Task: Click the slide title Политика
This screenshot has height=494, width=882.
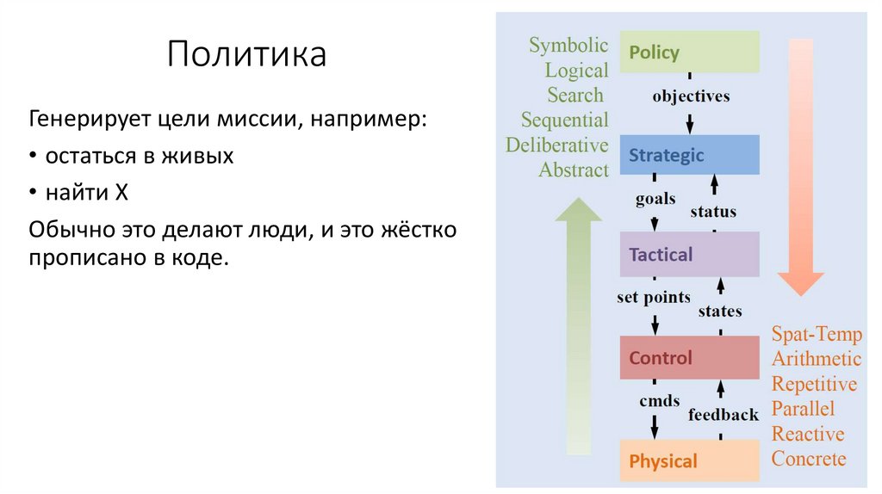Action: (246, 54)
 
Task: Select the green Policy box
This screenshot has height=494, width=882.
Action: (689, 52)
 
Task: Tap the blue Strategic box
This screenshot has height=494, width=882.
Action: (689, 156)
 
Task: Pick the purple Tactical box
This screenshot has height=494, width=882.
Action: (689, 255)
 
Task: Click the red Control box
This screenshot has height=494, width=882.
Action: (689, 358)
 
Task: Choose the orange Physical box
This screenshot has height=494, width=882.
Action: (689, 461)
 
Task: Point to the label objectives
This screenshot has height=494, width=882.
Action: (691, 96)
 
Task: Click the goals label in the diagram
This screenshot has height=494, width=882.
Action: (655, 200)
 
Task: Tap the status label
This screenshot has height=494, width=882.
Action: (713, 212)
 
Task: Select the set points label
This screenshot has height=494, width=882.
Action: (654, 298)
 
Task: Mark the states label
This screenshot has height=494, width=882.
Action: (720, 311)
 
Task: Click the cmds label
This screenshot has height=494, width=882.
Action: (659, 400)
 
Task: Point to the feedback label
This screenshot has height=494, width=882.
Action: (724, 415)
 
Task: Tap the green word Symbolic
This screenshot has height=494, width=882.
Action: (568, 46)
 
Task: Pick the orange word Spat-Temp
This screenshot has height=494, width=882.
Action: (817, 334)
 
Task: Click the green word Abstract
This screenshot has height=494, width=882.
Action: (574, 170)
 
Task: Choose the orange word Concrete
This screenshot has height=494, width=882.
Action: (809, 459)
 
